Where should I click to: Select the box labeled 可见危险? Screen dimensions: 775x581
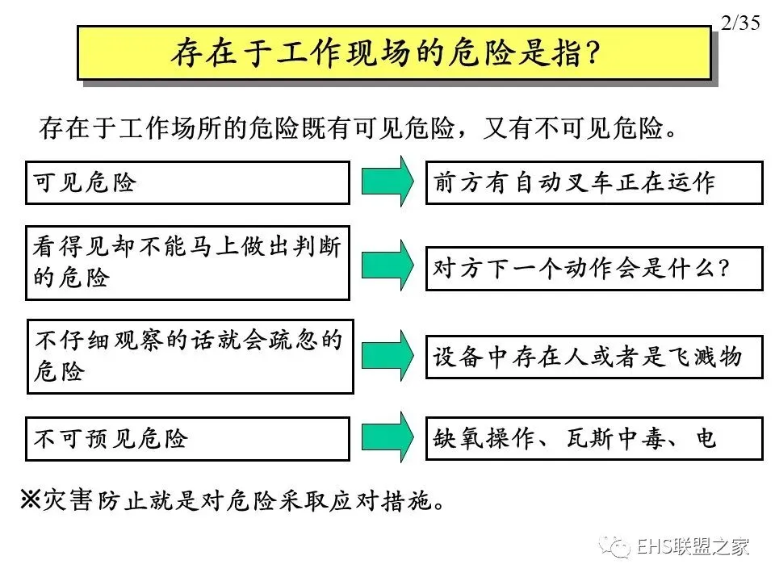click(187, 182)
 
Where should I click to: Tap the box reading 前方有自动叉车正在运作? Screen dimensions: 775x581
click(593, 182)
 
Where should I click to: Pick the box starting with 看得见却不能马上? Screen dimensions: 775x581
click(187, 262)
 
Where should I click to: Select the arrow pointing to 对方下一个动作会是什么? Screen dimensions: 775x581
click(387, 263)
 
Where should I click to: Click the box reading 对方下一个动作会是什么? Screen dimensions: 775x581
click(593, 269)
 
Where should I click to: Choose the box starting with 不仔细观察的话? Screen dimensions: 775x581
click(190, 357)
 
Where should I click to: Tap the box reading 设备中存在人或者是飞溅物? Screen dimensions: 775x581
click(593, 357)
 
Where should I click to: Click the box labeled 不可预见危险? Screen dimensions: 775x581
click(187, 438)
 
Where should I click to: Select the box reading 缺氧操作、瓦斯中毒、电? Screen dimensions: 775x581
click(593, 438)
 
